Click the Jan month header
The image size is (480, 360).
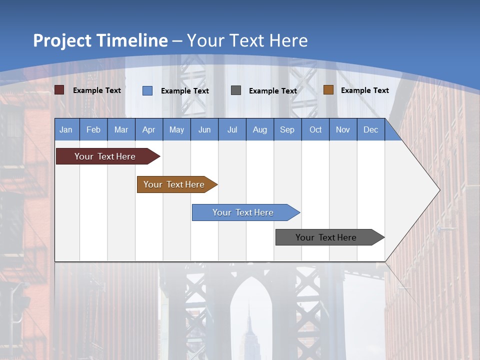[x=66, y=129]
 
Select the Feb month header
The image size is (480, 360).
[x=93, y=129]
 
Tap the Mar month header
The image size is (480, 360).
[x=121, y=129]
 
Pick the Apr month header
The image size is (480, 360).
[x=149, y=129]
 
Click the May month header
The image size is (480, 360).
[x=176, y=129]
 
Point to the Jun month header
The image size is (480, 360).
[x=204, y=129]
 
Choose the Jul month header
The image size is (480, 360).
[x=232, y=129]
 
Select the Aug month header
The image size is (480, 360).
[x=260, y=129]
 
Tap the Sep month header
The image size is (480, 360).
[x=287, y=129]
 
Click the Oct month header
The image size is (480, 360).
[x=315, y=129]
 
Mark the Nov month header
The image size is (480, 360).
[x=343, y=129]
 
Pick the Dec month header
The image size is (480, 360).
[x=371, y=129]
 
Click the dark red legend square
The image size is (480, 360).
[x=59, y=90]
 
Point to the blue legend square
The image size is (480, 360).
[x=147, y=90]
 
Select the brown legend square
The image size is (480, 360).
[x=328, y=90]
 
